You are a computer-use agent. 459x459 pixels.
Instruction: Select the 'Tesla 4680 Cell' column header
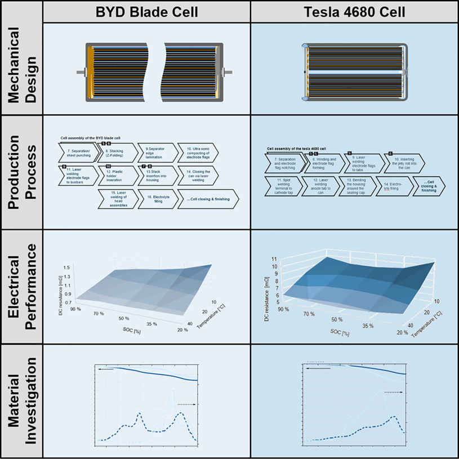coord(354,11)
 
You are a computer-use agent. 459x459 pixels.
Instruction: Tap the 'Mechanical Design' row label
coord(21,69)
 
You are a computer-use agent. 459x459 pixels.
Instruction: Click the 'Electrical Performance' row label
coord(21,287)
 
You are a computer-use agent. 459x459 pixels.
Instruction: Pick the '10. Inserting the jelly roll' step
coord(400,163)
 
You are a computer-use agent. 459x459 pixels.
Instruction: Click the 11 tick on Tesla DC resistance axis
coord(274,259)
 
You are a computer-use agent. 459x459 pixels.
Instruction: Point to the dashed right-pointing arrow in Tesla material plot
coord(394,393)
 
